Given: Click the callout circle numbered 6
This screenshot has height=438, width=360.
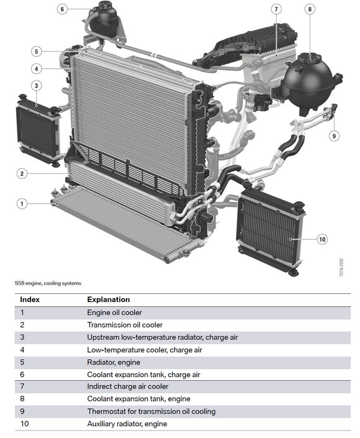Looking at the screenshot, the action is pyautogui.click(x=62, y=9).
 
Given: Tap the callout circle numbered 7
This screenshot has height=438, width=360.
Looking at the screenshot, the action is pyautogui.click(x=276, y=9).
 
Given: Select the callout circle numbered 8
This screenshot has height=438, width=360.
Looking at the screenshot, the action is pyautogui.click(x=310, y=9).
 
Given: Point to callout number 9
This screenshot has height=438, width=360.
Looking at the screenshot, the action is pyautogui.click(x=334, y=136).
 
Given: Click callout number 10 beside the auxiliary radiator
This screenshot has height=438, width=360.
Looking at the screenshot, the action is pyautogui.click(x=322, y=239).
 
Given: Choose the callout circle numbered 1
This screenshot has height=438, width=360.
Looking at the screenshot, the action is pyautogui.click(x=22, y=204).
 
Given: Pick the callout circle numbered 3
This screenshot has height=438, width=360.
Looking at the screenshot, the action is pyautogui.click(x=36, y=86).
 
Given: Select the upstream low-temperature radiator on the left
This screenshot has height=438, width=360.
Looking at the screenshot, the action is pyautogui.click(x=38, y=130).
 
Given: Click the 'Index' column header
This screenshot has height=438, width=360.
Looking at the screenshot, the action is pyautogui.click(x=30, y=299).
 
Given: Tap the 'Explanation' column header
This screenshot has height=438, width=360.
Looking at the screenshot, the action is pyautogui.click(x=108, y=299).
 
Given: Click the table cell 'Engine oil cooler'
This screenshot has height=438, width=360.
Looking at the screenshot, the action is pyautogui.click(x=114, y=313).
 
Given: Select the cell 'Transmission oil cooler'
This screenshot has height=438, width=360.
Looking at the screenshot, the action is pyautogui.click(x=125, y=325).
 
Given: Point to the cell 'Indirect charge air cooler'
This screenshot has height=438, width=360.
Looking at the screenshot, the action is pyautogui.click(x=128, y=386).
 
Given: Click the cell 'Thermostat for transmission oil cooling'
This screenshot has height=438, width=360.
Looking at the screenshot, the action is pyautogui.click(x=151, y=411).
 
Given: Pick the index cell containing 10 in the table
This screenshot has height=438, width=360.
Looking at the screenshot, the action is pyautogui.click(x=25, y=424).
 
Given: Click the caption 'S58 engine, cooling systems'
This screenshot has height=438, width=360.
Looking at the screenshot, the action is pyautogui.click(x=48, y=283).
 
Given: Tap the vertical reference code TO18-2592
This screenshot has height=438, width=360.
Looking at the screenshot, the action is pyautogui.click(x=341, y=267).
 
